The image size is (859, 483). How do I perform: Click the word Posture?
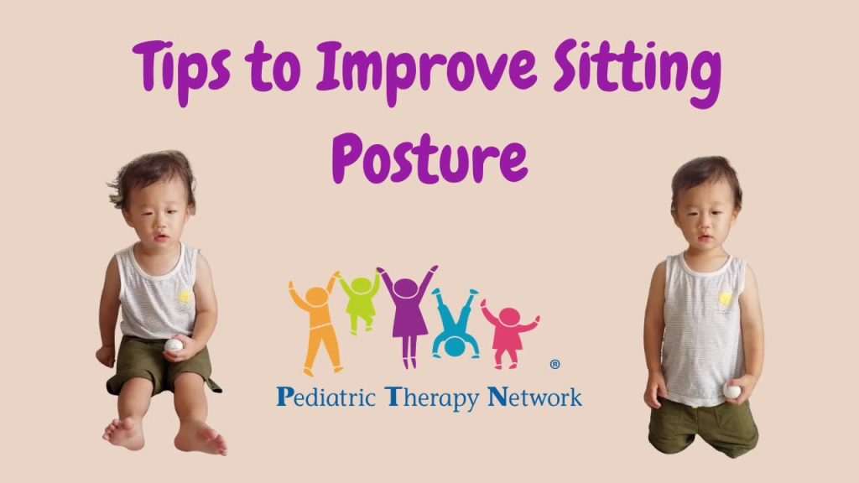click(430, 155)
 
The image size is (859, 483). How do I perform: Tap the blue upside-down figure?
click(455, 323)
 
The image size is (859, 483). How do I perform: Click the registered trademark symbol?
click(554, 364)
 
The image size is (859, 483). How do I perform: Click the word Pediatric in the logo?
click(326, 397)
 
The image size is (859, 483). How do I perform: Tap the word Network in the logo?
click(534, 397)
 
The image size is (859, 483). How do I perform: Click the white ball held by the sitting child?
click(174, 345)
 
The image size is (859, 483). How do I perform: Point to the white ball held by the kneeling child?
click(731, 391)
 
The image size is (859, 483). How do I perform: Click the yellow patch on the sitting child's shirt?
click(185, 297)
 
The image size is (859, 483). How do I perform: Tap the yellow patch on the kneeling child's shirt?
click(726, 299)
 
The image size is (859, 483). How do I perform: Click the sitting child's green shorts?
click(159, 365)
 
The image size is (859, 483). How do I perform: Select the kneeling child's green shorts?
click(703, 427)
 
